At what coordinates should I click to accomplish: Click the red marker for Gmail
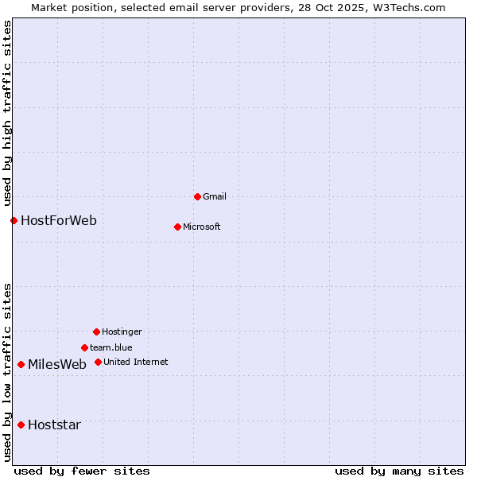click(x=197, y=196)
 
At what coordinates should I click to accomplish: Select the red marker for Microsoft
click(x=177, y=227)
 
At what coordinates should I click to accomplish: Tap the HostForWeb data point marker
click(x=14, y=220)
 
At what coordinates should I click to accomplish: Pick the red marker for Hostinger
click(x=96, y=332)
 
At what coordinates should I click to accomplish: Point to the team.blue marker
click(x=84, y=347)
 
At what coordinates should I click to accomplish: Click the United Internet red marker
click(x=98, y=362)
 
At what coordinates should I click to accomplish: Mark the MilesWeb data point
click(x=21, y=364)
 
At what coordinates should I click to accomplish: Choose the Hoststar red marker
click(x=21, y=425)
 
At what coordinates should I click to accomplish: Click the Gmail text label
click(x=215, y=196)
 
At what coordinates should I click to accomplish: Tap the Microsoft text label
click(x=202, y=227)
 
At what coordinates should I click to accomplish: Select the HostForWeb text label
click(x=59, y=220)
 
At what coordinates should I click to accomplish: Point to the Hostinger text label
click(x=122, y=332)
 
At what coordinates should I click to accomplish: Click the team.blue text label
click(x=111, y=347)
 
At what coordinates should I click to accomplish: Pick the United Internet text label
click(x=136, y=362)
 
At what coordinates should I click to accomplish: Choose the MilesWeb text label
click(x=57, y=364)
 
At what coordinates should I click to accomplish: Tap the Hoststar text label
click(x=54, y=425)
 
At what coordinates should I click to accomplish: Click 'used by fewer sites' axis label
click(x=82, y=471)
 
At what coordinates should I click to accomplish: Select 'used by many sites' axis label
click(x=399, y=471)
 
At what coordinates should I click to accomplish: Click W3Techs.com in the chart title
click(x=405, y=7)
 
